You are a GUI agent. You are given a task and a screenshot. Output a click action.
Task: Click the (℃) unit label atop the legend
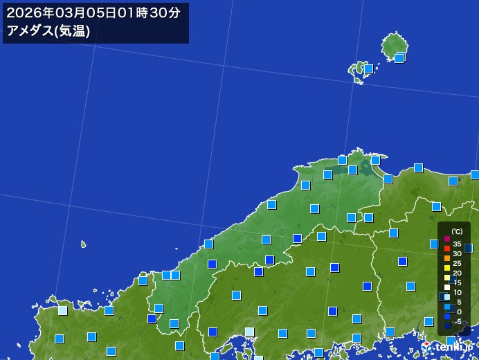[457, 232]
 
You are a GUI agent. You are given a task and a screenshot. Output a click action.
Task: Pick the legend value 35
[458, 244]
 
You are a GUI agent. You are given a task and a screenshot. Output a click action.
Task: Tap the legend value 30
[458, 253]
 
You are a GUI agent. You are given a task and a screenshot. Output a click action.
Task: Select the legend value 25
[458, 263]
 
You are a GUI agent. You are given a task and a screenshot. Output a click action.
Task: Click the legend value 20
[458, 273]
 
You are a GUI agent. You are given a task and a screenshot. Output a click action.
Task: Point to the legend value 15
[458, 282]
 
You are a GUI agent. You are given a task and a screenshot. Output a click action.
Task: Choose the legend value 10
[458, 292]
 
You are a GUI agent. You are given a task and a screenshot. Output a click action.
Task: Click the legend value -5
[458, 321]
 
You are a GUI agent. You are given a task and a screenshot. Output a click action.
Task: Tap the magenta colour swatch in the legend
[447, 239]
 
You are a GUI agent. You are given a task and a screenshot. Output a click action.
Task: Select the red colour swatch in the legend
[447, 249]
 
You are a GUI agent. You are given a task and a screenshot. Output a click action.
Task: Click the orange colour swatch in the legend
[447, 258]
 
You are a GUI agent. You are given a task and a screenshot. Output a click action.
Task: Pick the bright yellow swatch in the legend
[447, 268]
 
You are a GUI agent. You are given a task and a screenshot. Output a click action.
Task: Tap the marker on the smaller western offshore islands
[368, 69]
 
